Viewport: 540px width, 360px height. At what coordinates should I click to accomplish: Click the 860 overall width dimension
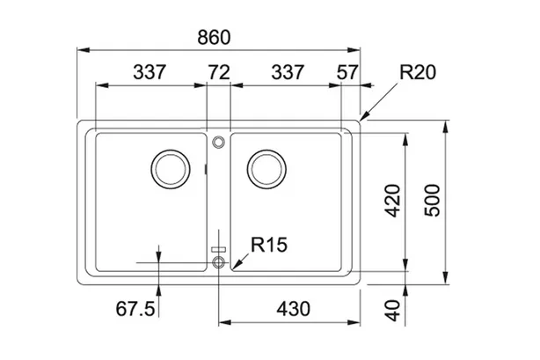pyautogui.click(x=214, y=38)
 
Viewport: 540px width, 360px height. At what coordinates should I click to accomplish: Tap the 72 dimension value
pyautogui.click(x=219, y=72)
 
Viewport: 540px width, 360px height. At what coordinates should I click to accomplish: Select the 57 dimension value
pyautogui.click(x=347, y=72)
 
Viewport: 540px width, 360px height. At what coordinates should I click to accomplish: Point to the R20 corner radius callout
pyautogui.click(x=418, y=72)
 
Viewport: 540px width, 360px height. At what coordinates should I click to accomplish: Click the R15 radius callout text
pyautogui.click(x=269, y=245)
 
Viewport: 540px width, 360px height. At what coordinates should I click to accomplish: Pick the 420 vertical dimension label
pyautogui.click(x=393, y=201)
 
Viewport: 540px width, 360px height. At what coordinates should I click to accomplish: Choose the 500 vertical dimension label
pyautogui.click(x=432, y=201)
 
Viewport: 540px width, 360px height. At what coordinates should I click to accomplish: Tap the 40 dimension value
pyautogui.click(x=393, y=311)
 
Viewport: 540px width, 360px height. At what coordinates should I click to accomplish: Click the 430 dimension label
pyautogui.click(x=294, y=309)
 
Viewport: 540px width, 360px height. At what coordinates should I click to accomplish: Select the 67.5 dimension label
pyautogui.click(x=135, y=309)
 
